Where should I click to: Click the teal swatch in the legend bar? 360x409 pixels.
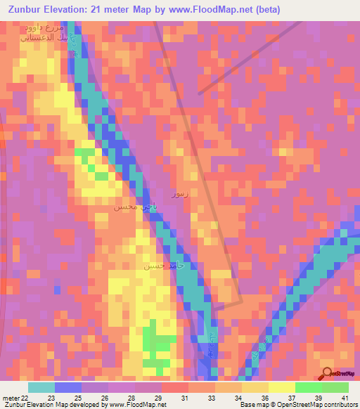(41, 387)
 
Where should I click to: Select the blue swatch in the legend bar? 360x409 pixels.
(68, 387)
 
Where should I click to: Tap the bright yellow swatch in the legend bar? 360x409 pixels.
(281, 387)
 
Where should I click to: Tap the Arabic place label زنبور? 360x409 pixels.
(179, 193)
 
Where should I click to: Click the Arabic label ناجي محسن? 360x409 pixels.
(129, 209)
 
